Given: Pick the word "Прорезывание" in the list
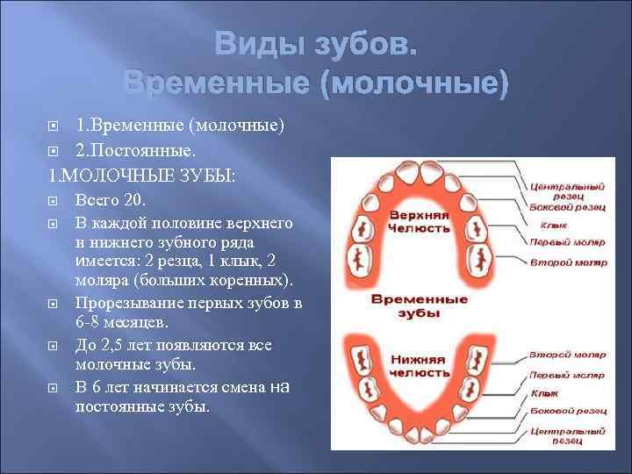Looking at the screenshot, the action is tap(131, 303).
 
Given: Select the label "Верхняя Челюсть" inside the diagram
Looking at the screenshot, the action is tap(419, 221).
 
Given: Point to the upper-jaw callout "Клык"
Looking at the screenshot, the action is tap(542, 225).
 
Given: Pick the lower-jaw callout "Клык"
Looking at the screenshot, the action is tap(542, 392).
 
